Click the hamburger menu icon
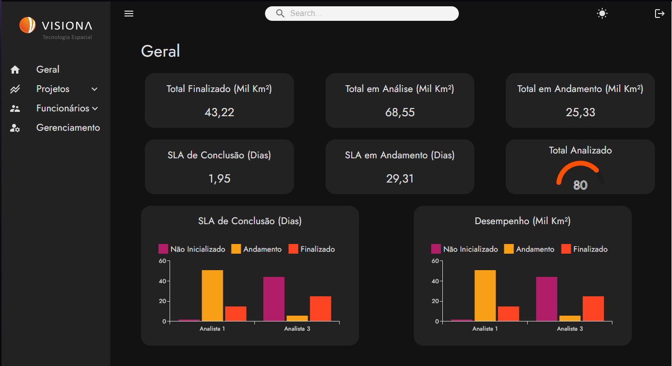tap(129, 14)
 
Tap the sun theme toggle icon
tap(602, 14)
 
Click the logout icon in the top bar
tap(659, 14)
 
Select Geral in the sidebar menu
tap(47, 70)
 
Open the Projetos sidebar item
tap(53, 89)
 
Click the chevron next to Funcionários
tap(95, 108)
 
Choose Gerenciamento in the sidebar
tap(68, 128)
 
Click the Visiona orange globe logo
tap(28, 25)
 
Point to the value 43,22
tap(219, 112)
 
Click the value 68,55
tap(400, 112)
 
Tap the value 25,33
tap(580, 112)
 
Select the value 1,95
tap(219, 179)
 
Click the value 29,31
tap(400, 179)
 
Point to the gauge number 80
tap(580, 185)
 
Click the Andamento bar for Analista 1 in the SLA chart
tap(212, 295)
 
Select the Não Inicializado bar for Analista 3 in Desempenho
tap(547, 299)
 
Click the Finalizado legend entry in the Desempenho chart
tap(584, 249)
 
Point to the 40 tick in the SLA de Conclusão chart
tap(162, 281)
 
